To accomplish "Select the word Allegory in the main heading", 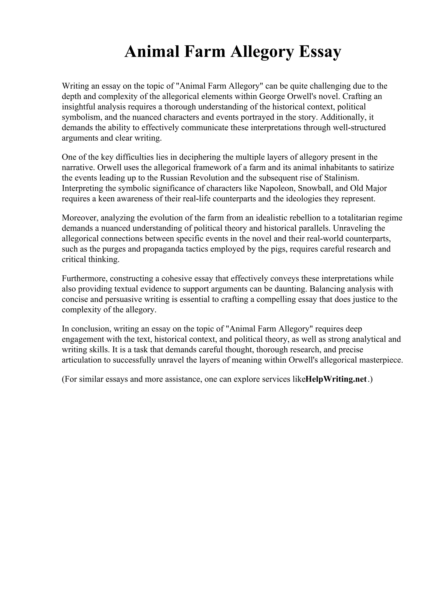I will tap(262, 52).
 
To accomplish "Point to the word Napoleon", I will tap(277, 189).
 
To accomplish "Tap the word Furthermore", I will tap(85, 279).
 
